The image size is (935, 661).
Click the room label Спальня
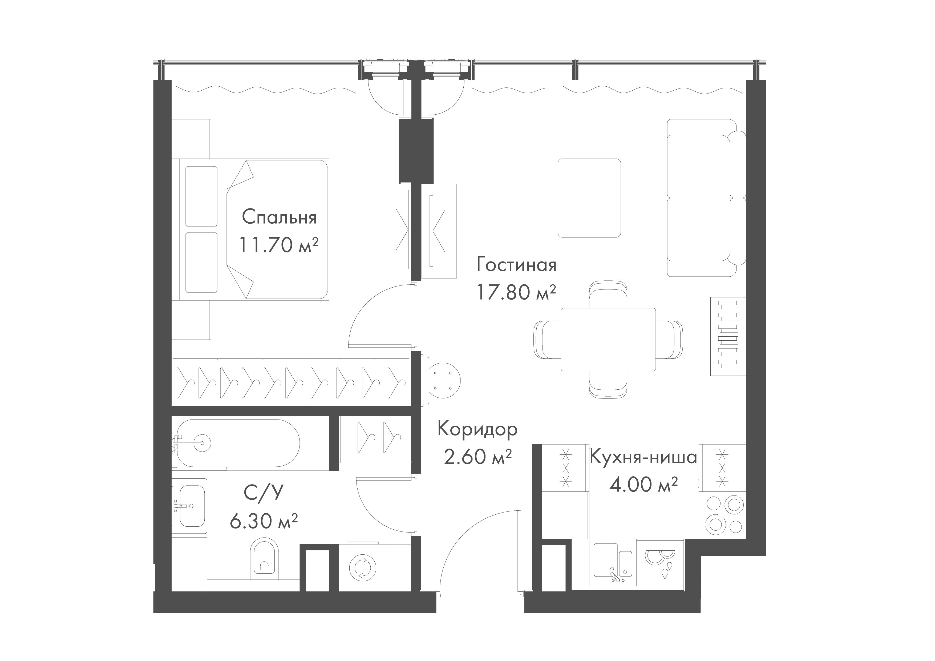tap(279, 218)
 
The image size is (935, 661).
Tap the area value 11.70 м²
tap(278, 245)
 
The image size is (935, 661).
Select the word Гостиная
tap(516, 265)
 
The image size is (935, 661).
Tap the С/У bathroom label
tap(263, 493)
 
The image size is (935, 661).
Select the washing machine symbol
tap(362, 567)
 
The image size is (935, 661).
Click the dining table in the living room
tap(608, 339)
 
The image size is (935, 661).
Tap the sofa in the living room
tap(702, 198)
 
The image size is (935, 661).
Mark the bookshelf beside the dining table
tap(728, 336)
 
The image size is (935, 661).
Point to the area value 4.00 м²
tap(643, 485)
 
